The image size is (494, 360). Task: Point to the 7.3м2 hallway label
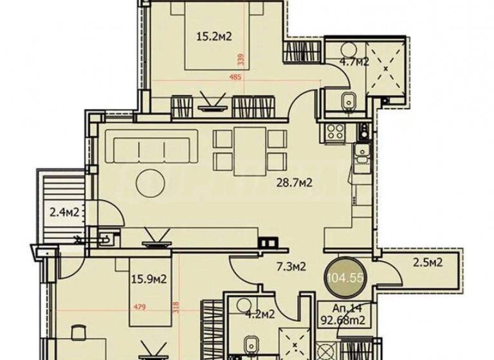pos(289,266)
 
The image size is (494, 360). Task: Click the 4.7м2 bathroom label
pos(353,62)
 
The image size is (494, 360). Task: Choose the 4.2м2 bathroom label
pos(261,314)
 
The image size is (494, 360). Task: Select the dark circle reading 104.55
pos(345,277)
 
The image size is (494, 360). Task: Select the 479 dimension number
pos(140,307)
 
